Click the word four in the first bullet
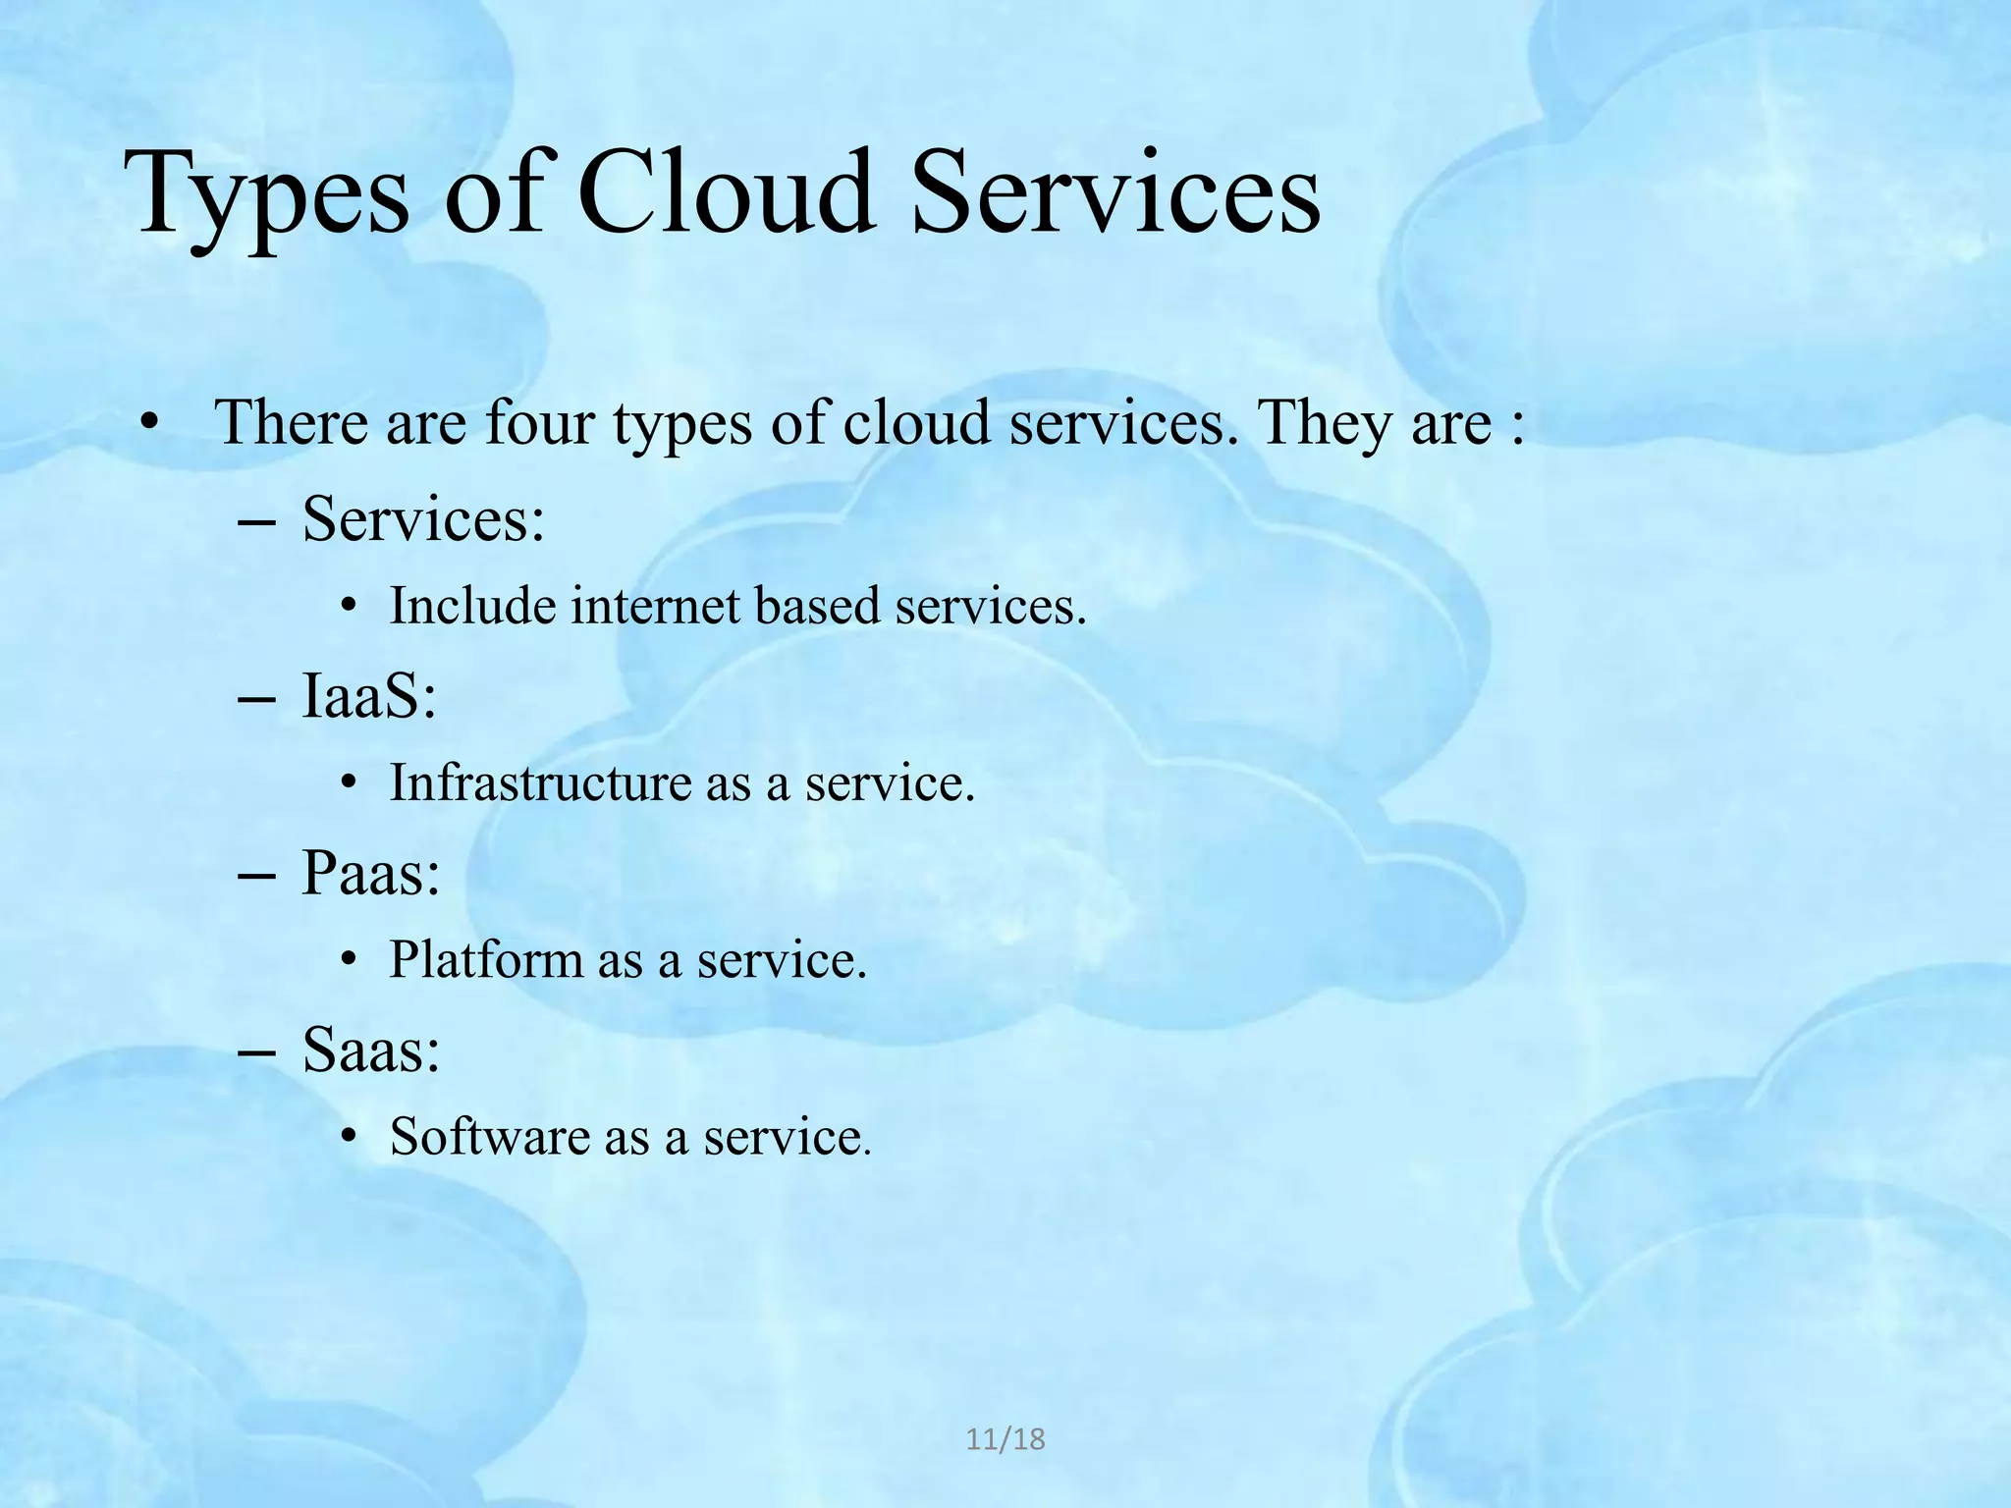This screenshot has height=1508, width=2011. pos(540,423)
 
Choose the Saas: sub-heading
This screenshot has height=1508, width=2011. pos(371,1050)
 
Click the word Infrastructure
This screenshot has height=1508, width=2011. pos(540,782)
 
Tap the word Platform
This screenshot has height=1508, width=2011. pos(486,959)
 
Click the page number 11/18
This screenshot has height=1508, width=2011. pos(1005,1440)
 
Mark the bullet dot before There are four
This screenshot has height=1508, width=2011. pos(148,424)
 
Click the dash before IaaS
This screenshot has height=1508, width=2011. pos(256,699)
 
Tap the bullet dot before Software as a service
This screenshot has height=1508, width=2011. pos(348,1137)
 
